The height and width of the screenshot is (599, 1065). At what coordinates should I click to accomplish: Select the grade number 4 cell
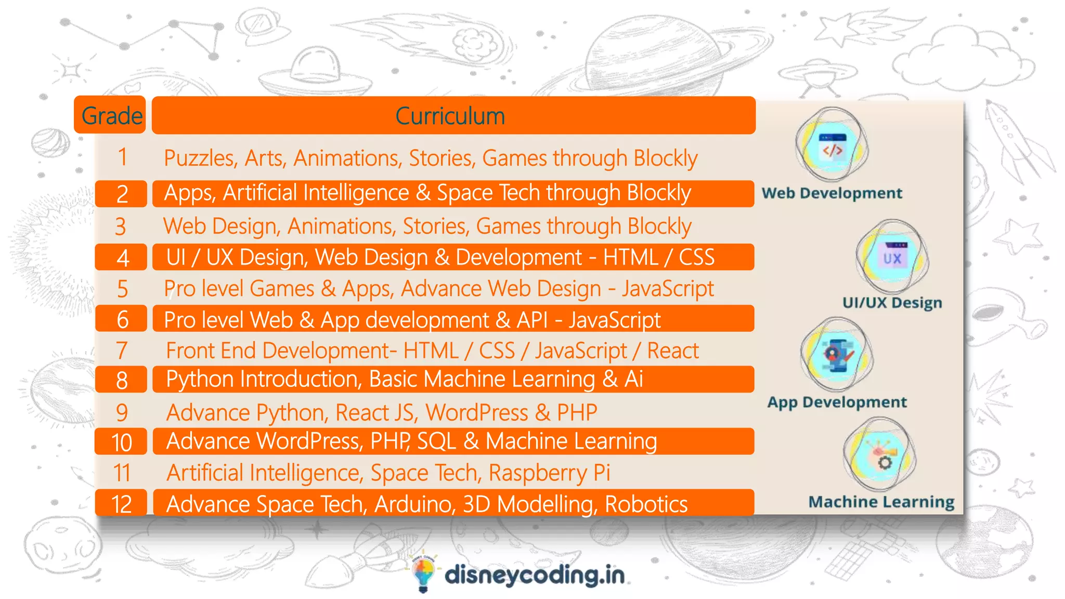[122, 258]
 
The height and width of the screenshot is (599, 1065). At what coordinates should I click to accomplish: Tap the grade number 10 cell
[122, 442]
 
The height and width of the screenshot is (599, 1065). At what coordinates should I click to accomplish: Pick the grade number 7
[122, 350]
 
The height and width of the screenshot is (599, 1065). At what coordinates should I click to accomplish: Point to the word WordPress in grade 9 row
[477, 413]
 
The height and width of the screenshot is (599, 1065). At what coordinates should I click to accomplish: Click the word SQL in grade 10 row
[436, 441]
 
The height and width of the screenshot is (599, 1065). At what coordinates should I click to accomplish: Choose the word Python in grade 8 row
[200, 380]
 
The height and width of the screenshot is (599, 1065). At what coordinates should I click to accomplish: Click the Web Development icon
[832, 146]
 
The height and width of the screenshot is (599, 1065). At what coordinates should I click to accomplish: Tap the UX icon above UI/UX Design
[892, 256]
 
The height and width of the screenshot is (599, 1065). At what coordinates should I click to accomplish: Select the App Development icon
[836, 355]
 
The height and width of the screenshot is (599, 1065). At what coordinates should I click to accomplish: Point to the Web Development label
[832, 193]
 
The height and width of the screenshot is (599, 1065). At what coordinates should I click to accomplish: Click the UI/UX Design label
[892, 302]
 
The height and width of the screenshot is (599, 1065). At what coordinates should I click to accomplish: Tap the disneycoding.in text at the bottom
[535, 575]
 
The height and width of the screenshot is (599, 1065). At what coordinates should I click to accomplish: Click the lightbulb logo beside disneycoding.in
[423, 575]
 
